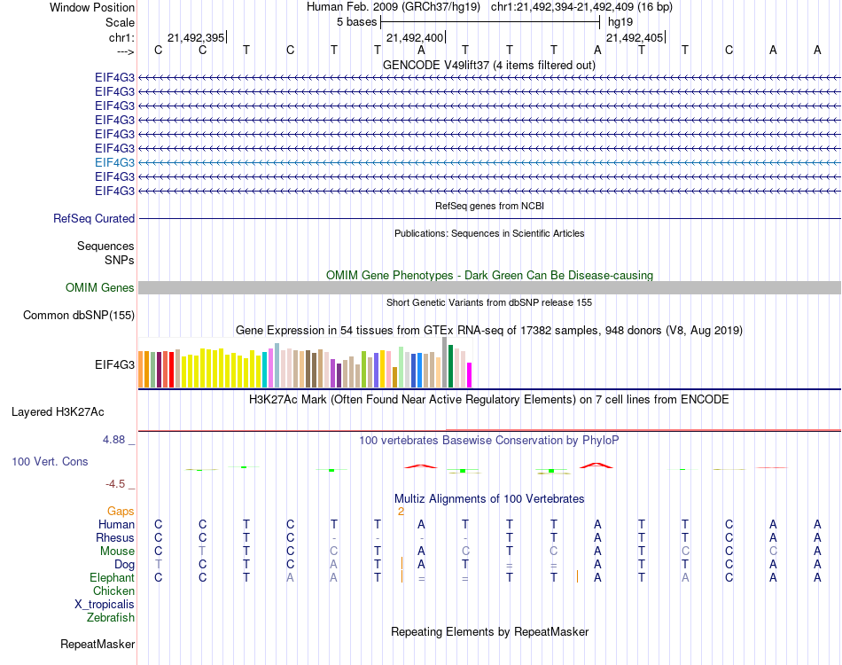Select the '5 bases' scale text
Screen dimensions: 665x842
[356, 21]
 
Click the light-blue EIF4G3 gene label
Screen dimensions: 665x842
[114, 162]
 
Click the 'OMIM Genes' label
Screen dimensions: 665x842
[100, 287]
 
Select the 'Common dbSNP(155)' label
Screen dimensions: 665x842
[79, 315]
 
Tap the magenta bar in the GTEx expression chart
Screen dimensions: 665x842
[469, 374]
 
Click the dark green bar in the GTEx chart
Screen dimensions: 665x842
[451, 365]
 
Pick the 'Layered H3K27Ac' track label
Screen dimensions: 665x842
[58, 411]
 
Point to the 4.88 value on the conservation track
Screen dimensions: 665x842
[119, 439]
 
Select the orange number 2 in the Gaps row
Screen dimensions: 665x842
[401, 511]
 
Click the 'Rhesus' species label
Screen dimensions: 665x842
[115, 537]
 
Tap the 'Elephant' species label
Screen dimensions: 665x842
[112, 577]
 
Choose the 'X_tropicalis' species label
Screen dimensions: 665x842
[105, 604]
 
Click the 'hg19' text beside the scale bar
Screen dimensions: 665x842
[619, 21]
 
